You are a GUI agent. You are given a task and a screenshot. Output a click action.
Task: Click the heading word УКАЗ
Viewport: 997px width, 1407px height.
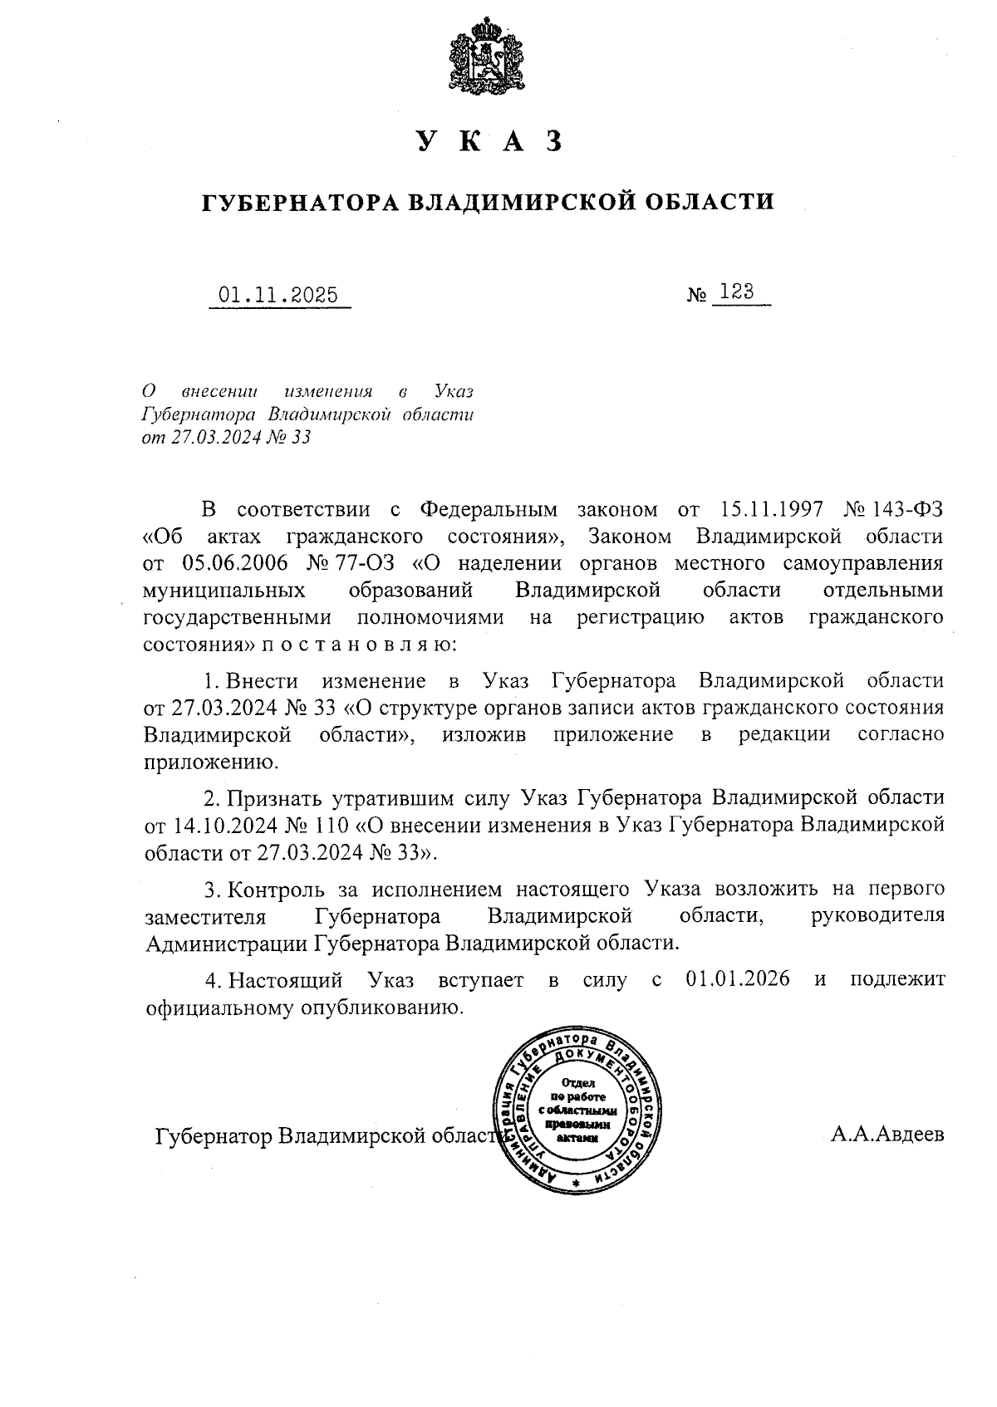489,142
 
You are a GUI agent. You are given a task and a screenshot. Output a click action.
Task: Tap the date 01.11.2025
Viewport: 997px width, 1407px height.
278,295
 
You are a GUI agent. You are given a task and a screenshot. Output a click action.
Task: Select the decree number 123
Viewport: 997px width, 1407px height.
737,292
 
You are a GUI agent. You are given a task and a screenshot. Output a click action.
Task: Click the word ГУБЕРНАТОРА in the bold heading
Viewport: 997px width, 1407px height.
300,202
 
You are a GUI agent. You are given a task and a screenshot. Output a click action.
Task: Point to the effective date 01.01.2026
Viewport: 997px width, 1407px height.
738,980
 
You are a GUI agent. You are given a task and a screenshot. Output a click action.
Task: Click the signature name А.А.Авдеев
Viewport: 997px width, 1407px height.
887,1135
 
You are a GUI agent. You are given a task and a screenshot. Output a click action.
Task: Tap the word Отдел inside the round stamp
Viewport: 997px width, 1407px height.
579,1082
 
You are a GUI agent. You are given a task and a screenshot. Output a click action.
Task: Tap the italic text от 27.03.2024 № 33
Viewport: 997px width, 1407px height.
227,438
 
